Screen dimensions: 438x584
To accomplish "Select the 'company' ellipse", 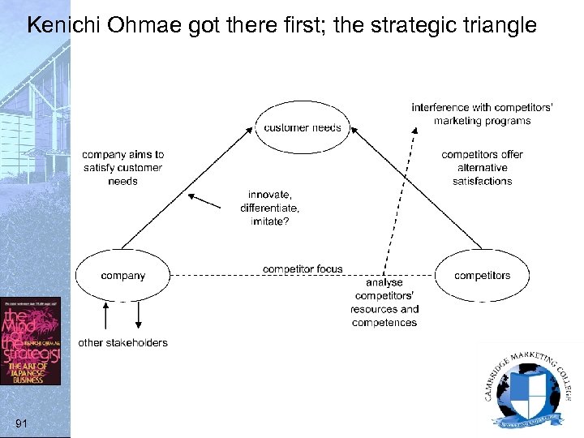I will [123, 276].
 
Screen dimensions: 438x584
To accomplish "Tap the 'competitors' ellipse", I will [482, 276].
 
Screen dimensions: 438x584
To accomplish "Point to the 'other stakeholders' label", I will [122, 342].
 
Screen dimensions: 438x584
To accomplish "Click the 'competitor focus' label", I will [303, 268].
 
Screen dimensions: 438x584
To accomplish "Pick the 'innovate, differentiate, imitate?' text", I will [270, 208].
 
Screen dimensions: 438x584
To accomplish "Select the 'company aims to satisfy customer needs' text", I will [122, 168].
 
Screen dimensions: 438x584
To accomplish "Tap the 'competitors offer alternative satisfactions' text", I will [482, 168].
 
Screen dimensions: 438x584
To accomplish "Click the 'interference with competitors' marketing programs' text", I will [482, 114].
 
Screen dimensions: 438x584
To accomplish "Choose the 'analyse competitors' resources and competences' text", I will [384, 303].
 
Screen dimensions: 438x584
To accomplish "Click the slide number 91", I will [22, 423].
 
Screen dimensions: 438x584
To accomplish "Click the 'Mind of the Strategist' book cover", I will [30, 341].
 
